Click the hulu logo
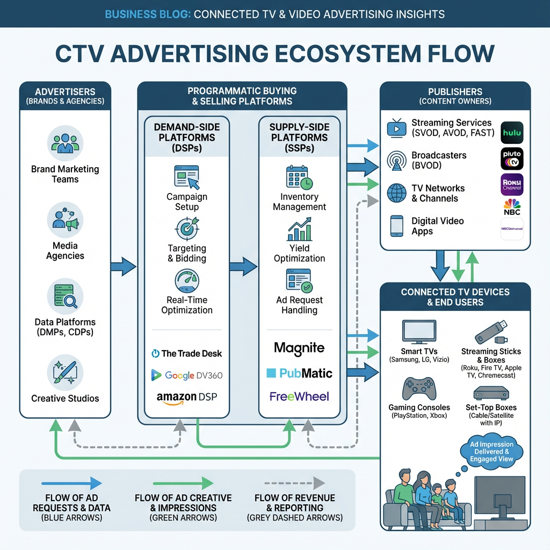512,133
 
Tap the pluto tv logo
512,159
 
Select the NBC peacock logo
512,206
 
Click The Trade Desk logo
186,353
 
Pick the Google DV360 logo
186,375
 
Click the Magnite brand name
299,348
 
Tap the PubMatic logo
299,373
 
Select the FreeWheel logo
299,397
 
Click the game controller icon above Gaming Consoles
419,388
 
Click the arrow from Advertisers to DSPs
123,266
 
